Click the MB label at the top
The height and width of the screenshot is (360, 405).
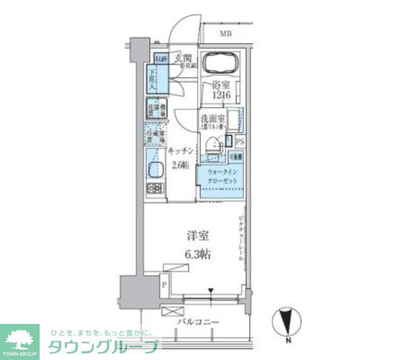pyautogui.click(x=225, y=34)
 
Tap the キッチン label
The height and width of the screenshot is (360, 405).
pyautogui.click(x=180, y=151)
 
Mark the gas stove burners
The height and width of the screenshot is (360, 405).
pyautogui.click(x=154, y=188)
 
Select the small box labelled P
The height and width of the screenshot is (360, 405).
pyautogui.click(x=165, y=285)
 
